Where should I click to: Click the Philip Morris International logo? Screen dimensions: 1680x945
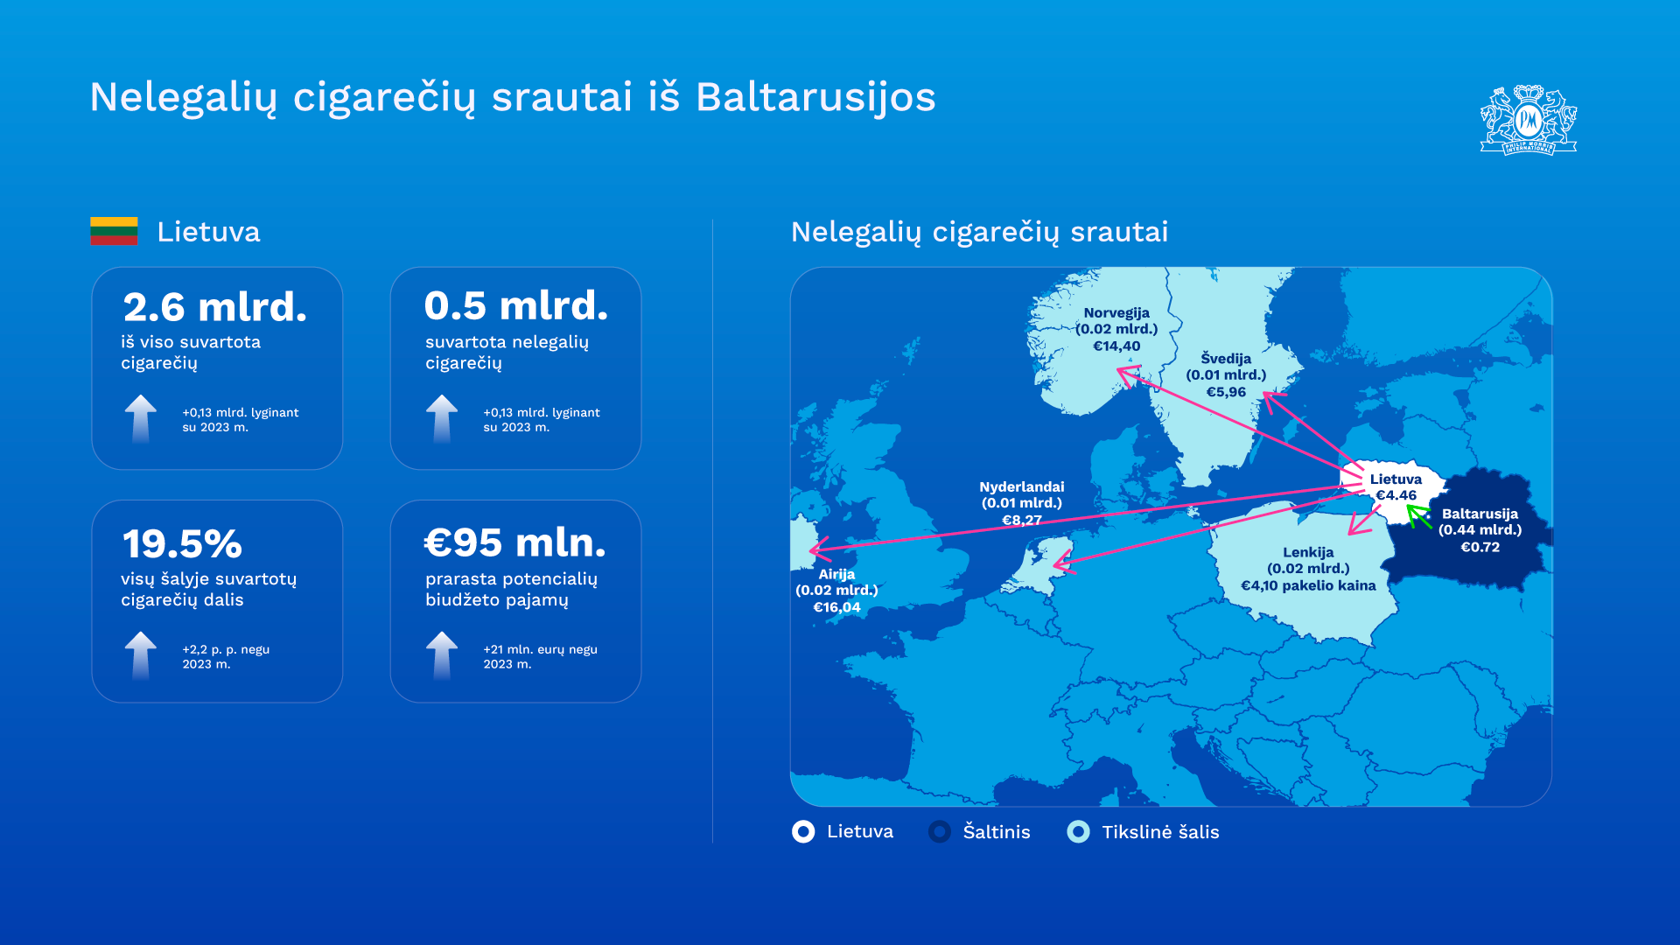click(1529, 120)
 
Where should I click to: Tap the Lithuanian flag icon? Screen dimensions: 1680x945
click(114, 231)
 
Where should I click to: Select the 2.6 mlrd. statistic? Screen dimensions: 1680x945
click(215, 307)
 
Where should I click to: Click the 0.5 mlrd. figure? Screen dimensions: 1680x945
click(515, 305)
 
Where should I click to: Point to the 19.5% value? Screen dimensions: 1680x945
click(182, 544)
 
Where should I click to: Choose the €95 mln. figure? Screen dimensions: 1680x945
click(514, 542)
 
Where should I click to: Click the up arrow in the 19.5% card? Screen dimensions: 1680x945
click(141, 655)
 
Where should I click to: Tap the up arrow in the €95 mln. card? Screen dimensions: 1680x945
click(442, 655)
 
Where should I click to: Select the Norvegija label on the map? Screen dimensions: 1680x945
click(1116, 313)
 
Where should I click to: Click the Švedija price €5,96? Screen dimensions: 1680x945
click(1226, 392)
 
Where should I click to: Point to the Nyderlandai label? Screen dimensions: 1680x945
click(1022, 486)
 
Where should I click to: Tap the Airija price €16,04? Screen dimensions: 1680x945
click(836, 607)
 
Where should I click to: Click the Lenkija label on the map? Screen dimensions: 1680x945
click(1308, 552)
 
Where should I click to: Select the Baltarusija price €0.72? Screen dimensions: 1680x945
click(1480, 547)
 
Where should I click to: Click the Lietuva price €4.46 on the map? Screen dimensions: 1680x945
click(1396, 495)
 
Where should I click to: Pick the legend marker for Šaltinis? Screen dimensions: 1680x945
click(940, 831)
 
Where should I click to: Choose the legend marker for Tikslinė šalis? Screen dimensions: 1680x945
click(1079, 831)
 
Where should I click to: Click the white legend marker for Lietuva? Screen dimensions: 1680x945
click(803, 831)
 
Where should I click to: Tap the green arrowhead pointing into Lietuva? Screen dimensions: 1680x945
click(1416, 514)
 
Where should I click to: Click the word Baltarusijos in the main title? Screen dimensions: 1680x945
click(815, 97)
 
